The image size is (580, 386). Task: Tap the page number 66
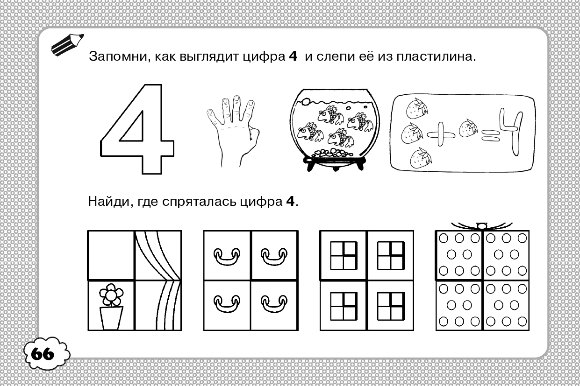(x=43, y=354)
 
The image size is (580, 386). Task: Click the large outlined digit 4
(x=137, y=129)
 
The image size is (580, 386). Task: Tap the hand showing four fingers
(x=233, y=131)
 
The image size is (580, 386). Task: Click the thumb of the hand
(x=254, y=134)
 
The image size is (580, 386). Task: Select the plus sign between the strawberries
(x=441, y=134)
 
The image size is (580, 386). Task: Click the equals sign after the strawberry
(x=490, y=136)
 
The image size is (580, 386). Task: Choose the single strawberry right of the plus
(x=468, y=128)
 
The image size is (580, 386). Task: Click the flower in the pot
(x=111, y=295)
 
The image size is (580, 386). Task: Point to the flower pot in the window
(x=111, y=318)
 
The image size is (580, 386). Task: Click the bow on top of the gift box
(x=481, y=226)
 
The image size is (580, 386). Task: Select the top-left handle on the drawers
(x=227, y=256)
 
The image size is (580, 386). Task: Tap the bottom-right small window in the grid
(x=391, y=306)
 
